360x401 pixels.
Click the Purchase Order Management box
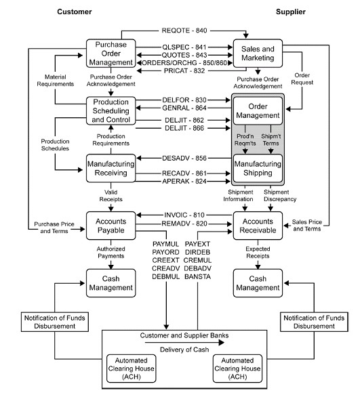111,54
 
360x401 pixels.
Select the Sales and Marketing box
258,54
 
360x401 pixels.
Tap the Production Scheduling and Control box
111,110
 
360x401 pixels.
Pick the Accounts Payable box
111,226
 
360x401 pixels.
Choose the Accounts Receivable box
258,226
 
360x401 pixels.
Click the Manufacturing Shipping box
258,168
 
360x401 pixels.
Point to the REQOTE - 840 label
184,30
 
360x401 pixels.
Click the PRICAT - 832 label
184,70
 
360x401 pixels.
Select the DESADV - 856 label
184,158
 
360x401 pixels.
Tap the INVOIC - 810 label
184,215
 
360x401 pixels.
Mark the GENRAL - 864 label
184,108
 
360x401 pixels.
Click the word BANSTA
197,277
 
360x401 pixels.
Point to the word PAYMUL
165,244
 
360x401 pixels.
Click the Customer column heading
75,12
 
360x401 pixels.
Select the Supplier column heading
291,12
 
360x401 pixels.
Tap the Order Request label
302,79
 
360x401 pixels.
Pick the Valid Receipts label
111,196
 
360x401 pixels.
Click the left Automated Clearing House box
131,368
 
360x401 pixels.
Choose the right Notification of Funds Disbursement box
314,322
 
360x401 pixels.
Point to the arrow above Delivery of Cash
184,343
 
